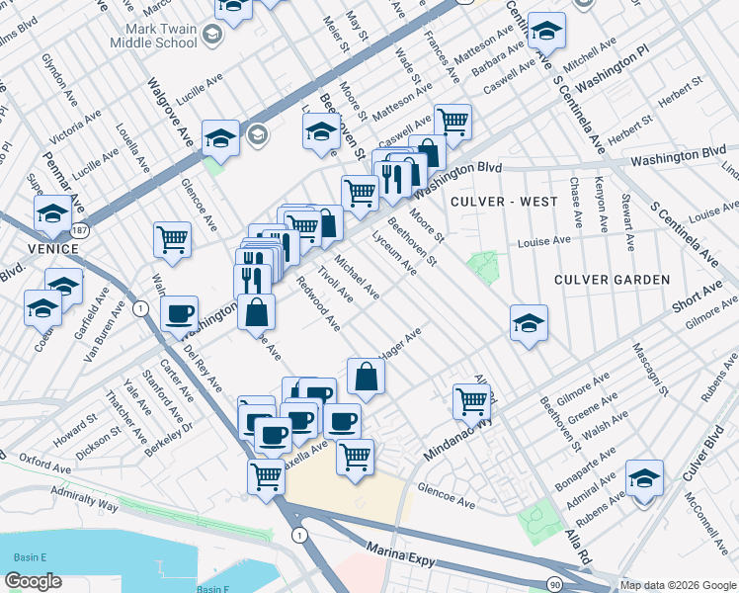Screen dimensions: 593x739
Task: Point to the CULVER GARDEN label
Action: pos(611,280)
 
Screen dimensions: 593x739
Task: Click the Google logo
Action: pos(34,581)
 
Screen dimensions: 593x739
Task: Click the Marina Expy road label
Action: pos(400,552)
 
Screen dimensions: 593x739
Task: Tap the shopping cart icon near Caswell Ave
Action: pos(452,123)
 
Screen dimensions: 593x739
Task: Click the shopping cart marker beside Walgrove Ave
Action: pos(172,239)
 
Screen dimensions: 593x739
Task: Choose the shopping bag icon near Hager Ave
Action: pos(366,376)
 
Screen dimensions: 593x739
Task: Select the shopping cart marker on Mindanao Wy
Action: pos(471,400)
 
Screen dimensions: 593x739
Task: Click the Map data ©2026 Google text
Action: pos(677,585)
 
